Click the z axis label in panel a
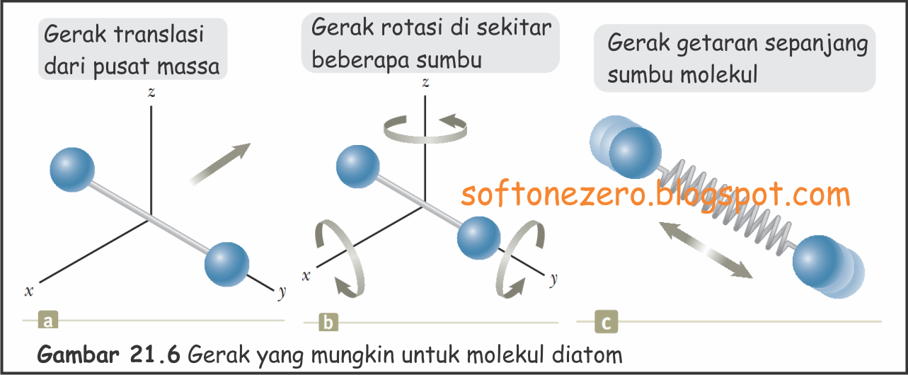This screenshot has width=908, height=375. pos(151,92)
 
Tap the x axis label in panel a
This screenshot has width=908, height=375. pos(29,290)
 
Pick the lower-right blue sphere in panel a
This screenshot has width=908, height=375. pos(226,262)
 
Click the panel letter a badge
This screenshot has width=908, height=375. pos(48,322)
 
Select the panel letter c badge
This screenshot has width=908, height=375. pos(607,322)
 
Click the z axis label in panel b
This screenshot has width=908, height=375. pos(425,83)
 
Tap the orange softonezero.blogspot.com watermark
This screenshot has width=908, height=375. pos(655,193)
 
